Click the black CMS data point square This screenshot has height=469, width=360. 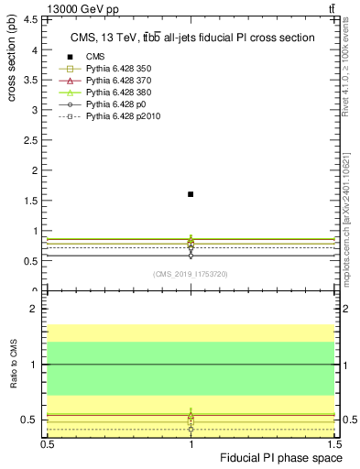click(191, 194)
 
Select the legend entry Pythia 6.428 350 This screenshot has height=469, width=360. click(115, 69)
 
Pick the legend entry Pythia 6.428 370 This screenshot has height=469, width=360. click(115, 82)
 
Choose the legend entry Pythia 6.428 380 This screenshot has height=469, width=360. click(115, 93)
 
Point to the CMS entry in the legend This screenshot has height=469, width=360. click(95, 57)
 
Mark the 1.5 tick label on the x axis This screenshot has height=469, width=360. click(335, 442)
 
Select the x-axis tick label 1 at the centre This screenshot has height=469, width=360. click(191, 442)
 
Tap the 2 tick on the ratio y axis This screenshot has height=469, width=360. click(37, 310)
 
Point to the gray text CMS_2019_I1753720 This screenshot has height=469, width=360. click(191, 274)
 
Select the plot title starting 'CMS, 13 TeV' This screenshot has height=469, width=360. click(192, 38)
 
